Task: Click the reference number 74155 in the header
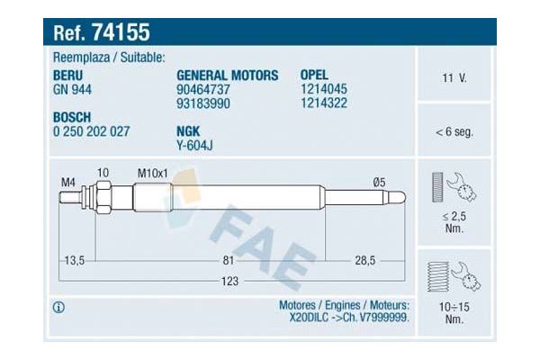(121, 32)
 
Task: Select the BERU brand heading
(67, 76)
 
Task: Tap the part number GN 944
(72, 90)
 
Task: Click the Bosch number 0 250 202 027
(91, 131)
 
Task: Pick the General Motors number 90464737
(203, 90)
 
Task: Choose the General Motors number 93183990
(203, 103)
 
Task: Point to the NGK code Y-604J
(194, 145)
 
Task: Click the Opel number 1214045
(324, 89)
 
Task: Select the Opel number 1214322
(324, 103)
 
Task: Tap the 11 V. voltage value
(454, 78)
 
